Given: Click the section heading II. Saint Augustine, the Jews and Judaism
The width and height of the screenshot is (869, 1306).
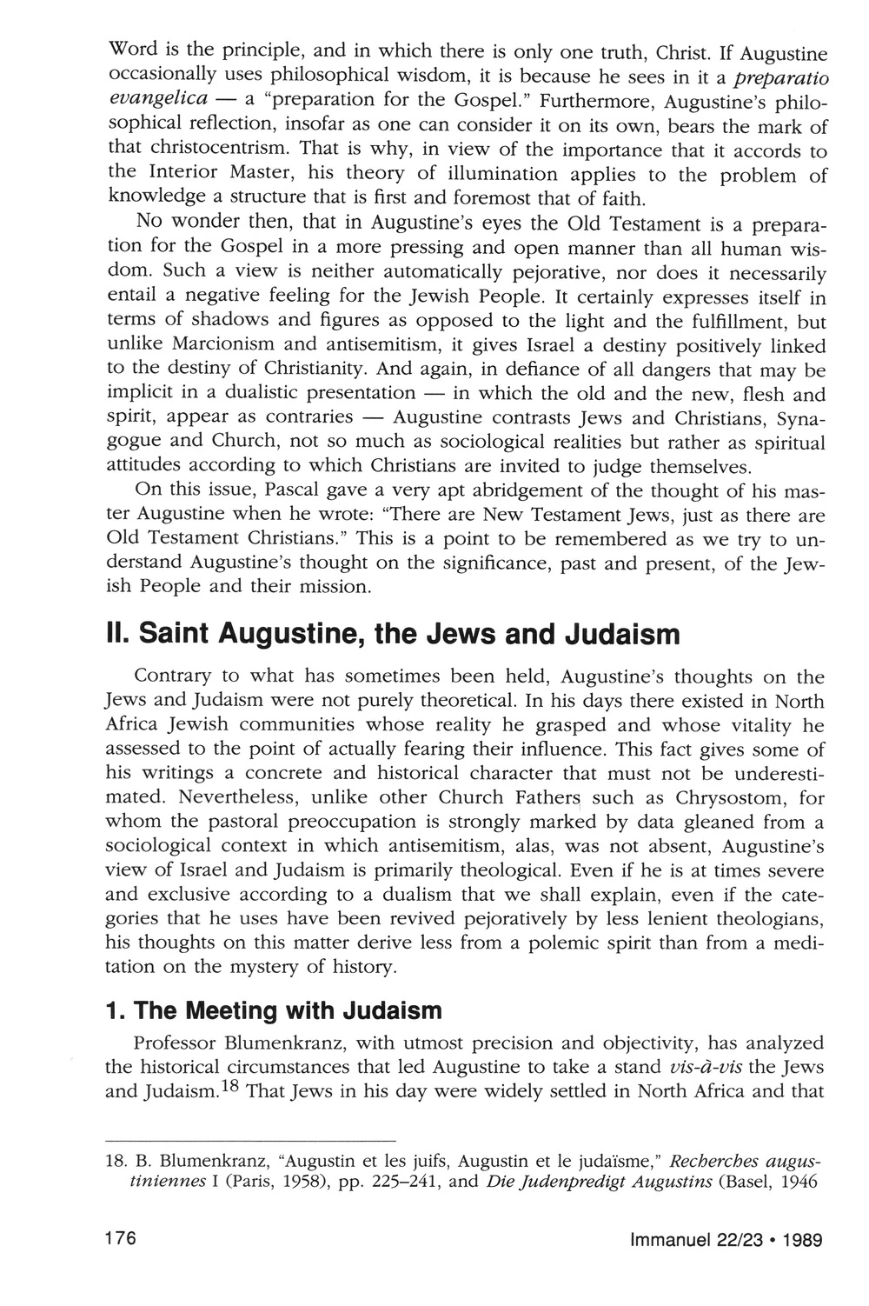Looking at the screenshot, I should pyautogui.click(x=392, y=634).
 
